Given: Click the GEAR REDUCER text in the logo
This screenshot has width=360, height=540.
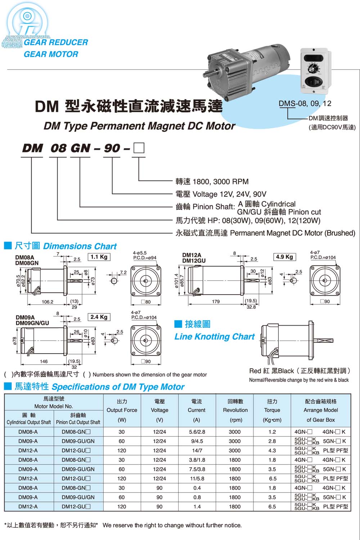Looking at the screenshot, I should pos(56,42).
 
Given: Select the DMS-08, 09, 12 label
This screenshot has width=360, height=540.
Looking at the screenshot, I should pos(305,104).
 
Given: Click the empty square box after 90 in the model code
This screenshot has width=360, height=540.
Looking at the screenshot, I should pos(139,148).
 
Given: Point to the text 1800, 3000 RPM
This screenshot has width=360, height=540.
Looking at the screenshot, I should pos(221,182).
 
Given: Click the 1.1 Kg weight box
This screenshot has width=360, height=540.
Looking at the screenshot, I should pos(99,257).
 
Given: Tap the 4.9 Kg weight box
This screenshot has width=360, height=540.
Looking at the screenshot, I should pos(284,257).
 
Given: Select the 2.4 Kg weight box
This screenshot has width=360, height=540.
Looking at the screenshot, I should pos(99,317).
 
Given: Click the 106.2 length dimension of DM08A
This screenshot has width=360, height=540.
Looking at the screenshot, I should pos(48,302).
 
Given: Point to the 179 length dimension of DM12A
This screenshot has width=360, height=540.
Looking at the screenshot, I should pos(216,301).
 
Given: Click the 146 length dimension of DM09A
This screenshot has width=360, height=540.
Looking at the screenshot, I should pos(44,361).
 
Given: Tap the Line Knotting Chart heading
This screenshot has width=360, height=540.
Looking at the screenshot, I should pos(215,337).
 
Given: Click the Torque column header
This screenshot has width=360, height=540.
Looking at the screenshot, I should pos(272,410).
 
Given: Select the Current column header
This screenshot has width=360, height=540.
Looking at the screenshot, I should pos(197,410).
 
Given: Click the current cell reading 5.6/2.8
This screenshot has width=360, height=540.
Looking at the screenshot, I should pos(197,432).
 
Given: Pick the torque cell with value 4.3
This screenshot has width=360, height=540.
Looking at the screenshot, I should pos(272,450).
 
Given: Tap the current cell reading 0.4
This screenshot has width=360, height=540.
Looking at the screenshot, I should pos(197,488).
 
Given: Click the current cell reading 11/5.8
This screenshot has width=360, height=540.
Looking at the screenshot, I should pos(197,478).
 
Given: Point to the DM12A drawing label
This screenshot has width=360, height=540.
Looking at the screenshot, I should pos(192,255).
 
